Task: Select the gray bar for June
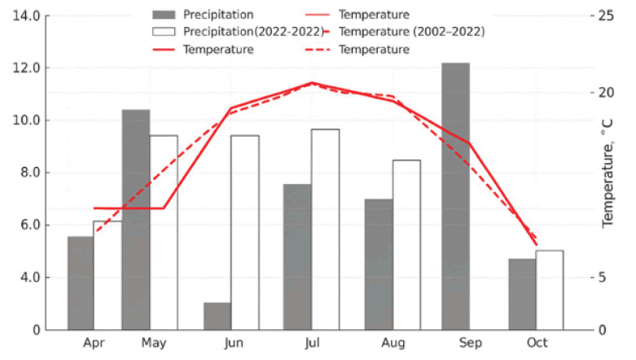point(217,316)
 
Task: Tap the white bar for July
point(325,229)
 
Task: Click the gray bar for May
point(136,219)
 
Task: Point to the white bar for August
point(406,244)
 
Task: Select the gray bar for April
point(81,283)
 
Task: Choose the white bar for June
point(244,232)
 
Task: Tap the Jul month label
point(312,343)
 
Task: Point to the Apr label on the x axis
point(94,343)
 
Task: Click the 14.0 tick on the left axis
point(25,15)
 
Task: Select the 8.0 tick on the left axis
point(28,173)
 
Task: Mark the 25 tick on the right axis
point(607,15)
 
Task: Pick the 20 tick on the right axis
point(607,93)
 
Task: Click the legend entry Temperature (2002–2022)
point(411,32)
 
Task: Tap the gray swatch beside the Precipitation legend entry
point(164,15)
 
